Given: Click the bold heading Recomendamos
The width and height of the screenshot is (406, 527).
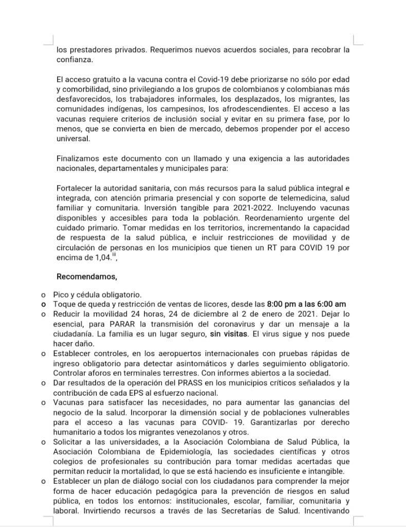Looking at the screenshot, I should pos(86,276).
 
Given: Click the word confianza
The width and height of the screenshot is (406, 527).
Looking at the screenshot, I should pos(75,60).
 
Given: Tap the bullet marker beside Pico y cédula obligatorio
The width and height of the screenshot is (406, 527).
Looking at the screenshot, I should pos(43,295).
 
